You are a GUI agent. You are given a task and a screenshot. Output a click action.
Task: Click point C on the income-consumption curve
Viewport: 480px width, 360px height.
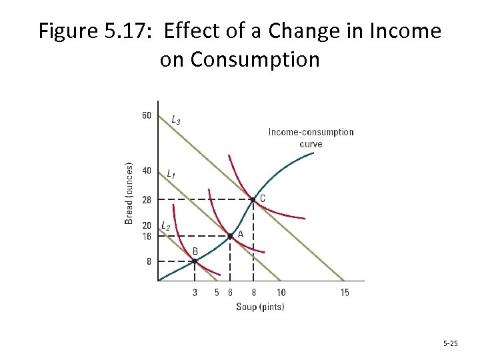point(253,199)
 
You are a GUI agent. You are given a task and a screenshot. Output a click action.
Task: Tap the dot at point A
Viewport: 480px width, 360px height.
point(230,236)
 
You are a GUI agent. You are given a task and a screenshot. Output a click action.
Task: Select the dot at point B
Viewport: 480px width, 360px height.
point(195,261)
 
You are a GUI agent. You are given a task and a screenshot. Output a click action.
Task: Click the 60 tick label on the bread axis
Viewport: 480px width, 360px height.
point(147,115)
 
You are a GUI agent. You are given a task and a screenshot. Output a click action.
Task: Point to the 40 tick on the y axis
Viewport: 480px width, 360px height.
point(147,171)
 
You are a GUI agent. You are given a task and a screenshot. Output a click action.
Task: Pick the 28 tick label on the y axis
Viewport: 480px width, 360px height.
point(147,199)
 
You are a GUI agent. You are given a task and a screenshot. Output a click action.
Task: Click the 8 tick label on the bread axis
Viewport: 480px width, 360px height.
point(149,261)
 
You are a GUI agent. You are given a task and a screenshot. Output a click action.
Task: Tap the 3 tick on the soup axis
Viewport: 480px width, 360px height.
point(195,293)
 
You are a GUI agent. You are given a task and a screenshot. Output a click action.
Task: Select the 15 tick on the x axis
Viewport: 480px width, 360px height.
point(345,293)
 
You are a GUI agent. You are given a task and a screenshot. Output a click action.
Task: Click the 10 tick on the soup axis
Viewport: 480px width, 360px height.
point(281,293)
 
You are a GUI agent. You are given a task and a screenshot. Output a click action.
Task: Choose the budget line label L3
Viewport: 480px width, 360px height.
point(175,120)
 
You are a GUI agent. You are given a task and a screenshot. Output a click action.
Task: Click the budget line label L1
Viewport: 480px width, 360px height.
point(171,174)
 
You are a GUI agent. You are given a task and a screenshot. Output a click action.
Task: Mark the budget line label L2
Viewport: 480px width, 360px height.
point(165,227)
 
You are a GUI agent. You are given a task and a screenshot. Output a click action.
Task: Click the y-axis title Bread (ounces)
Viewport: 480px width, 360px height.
point(129,193)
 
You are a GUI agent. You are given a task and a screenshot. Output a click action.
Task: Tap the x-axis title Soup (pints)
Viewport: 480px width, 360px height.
point(260,307)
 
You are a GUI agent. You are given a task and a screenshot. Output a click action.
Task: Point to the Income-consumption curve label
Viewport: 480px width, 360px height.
point(311,137)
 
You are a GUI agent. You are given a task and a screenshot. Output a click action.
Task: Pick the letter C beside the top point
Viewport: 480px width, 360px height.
point(262,198)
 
